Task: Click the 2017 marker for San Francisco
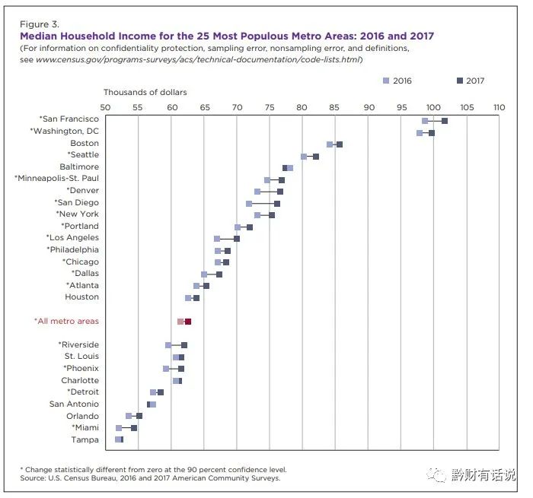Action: [445, 121]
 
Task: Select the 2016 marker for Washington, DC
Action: [420, 133]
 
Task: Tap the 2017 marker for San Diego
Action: [277, 204]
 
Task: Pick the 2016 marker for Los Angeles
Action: [217, 239]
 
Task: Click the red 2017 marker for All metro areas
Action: [188, 322]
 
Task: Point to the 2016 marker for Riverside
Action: [168, 345]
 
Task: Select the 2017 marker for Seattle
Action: [316, 157]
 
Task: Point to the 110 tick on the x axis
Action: [499, 107]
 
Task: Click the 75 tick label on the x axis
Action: [270, 107]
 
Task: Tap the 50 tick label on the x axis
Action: [105, 107]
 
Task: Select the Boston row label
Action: [84, 143]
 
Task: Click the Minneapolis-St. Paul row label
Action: [57, 179]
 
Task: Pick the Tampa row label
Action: [85, 439]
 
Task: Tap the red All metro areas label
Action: [66, 322]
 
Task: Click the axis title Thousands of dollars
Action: [145, 93]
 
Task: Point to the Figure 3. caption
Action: [40, 24]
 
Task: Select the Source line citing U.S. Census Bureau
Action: [150, 478]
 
